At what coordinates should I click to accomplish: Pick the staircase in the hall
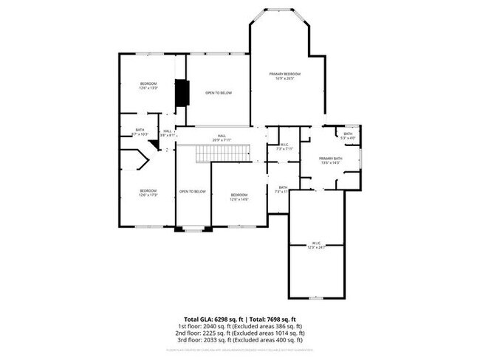tap(218, 153)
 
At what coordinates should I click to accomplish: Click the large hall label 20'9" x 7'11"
tap(219, 138)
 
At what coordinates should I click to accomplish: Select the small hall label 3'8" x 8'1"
tap(168, 134)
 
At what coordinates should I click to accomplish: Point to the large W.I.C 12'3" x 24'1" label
tap(316, 245)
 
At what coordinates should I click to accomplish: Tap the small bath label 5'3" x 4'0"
tap(348, 136)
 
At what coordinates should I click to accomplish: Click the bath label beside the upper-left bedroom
tap(140, 132)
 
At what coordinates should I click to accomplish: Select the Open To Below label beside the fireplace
tap(219, 93)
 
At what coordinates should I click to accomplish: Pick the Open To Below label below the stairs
tap(192, 192)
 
